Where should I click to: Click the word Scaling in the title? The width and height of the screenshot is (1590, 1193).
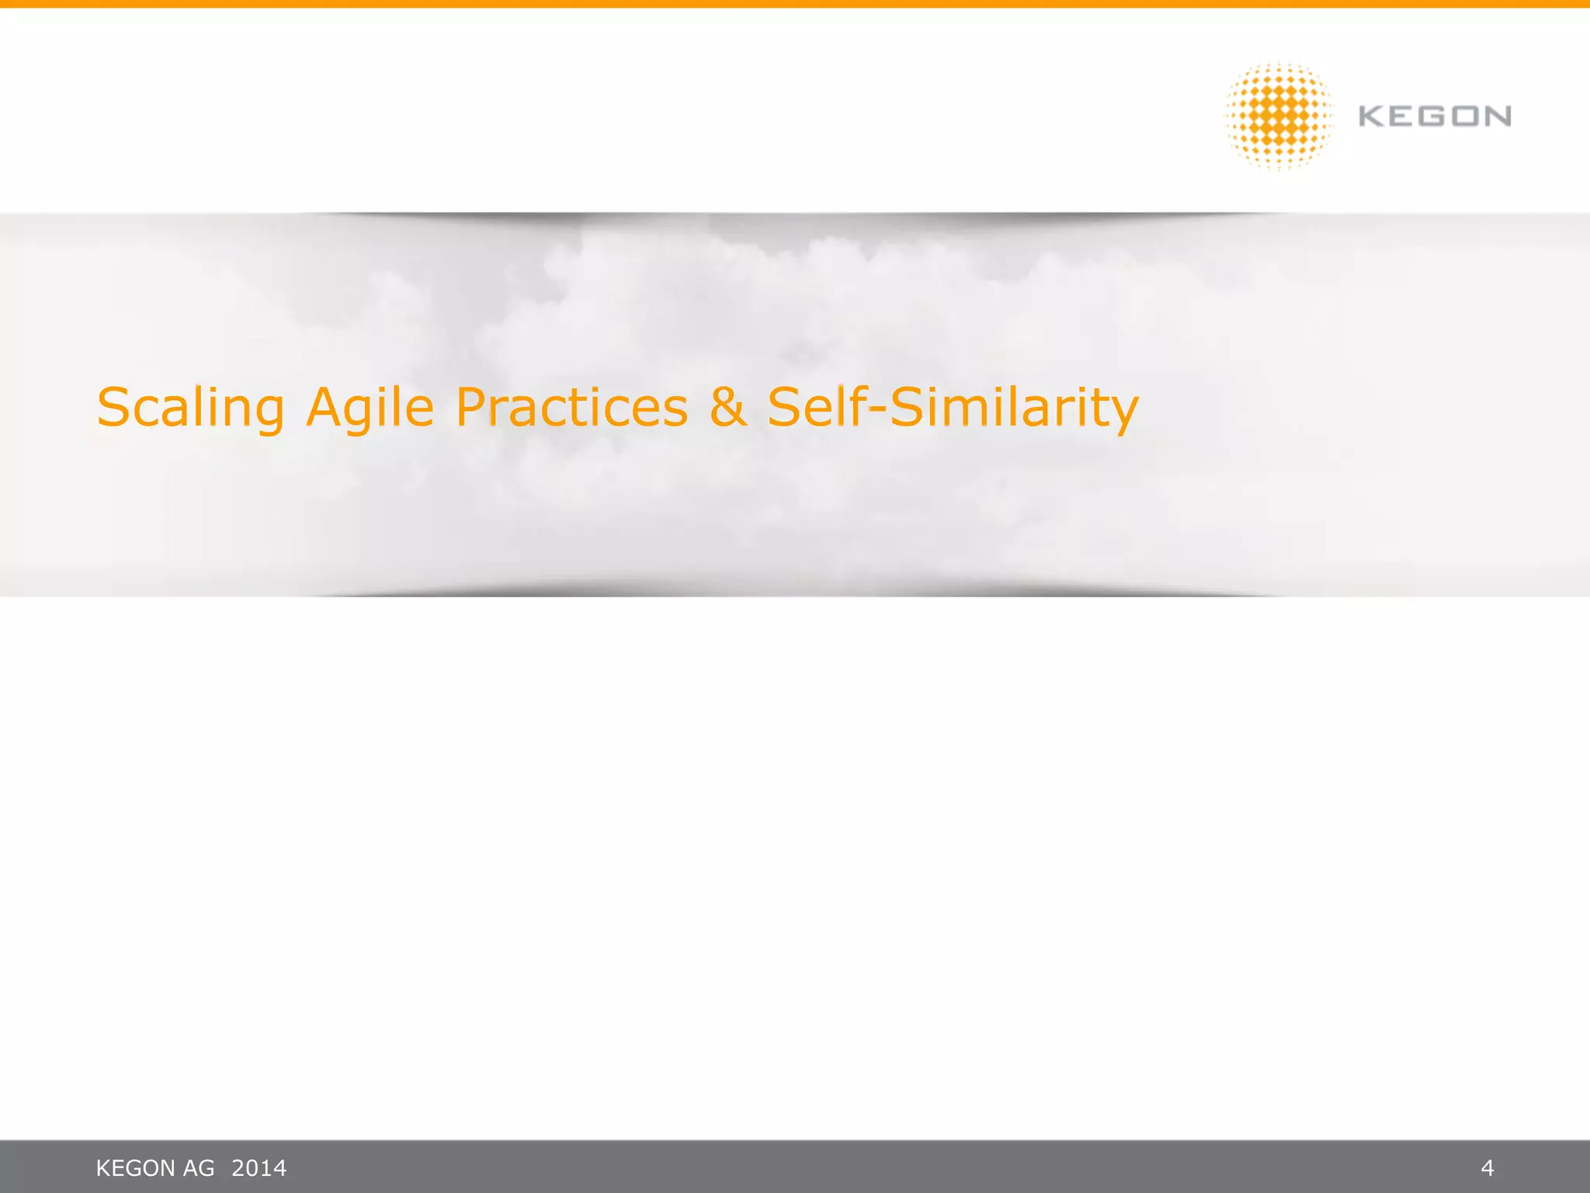click(190, 409)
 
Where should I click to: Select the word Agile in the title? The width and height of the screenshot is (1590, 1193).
click(370, 409)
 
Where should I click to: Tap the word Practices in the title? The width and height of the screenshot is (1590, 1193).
click(571, 407)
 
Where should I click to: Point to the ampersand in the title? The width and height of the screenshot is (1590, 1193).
click(727, 407)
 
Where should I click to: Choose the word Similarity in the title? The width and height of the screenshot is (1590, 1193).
click(1014, 409)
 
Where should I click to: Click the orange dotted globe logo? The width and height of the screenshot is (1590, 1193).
click(1279, 117)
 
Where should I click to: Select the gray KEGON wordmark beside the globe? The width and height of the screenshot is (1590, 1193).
click(1434, 117)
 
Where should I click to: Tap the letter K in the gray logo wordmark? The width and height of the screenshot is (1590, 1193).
click(1372, 117)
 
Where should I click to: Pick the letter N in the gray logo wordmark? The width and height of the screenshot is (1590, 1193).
click(1498, 117)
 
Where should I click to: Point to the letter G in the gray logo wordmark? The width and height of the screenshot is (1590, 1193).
click(1435, 117)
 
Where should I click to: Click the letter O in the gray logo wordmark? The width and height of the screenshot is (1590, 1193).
click(1467, 117)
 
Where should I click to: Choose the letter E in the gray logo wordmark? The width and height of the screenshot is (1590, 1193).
click(1404, 117)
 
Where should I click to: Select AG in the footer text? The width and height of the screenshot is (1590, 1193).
click(198, 1168)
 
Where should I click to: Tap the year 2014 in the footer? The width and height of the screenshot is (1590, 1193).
click(259, 1168)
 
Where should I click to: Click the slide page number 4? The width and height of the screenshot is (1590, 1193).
click(1488, 1167)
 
